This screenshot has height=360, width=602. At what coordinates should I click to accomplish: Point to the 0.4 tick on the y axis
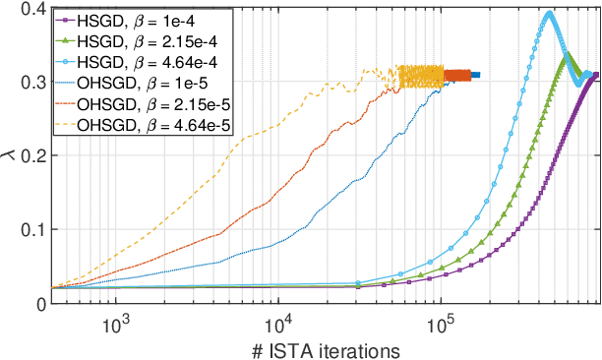[30, 9]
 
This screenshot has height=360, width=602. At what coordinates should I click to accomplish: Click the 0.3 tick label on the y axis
[30, 82]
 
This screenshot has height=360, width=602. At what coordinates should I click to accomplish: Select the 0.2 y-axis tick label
[30, 155]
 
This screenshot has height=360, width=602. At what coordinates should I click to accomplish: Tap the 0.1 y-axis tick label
[30, 229]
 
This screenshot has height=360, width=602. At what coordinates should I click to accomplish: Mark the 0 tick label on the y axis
[37, 303]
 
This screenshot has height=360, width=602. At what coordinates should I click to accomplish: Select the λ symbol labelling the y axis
[10, 155]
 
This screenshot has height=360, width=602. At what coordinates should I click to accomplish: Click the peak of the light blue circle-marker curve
[548, 13]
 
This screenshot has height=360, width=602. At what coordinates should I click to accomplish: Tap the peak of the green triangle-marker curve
[566, 55]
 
